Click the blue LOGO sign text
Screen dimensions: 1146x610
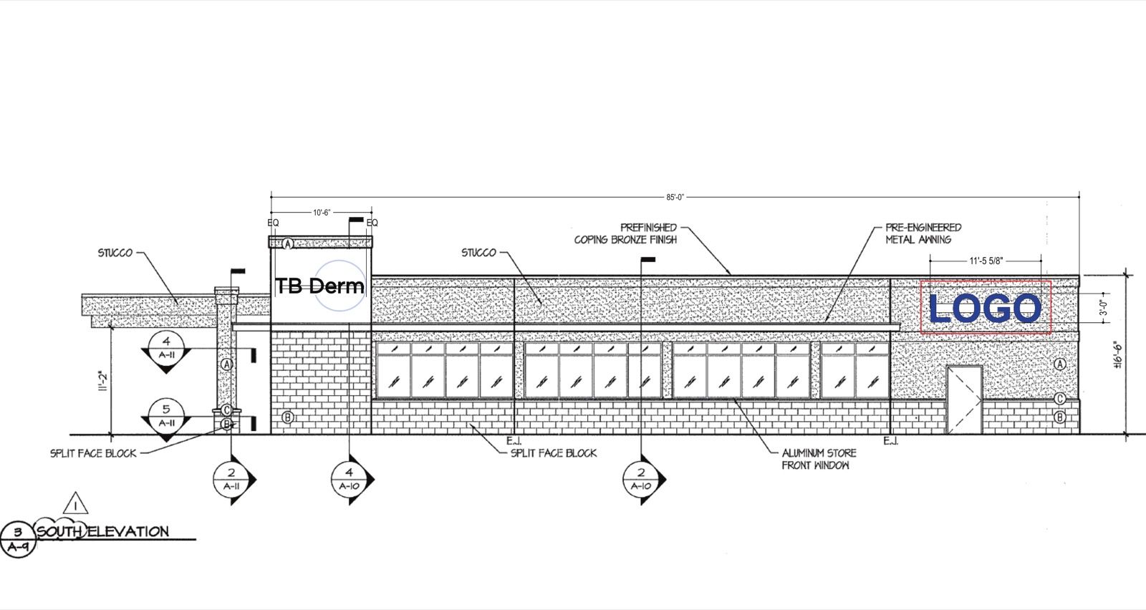pos(985,308)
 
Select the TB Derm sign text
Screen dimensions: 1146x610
pos(319,286)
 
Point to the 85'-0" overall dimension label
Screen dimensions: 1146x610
pos(675,198)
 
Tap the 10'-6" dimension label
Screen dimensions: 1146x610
pos(322,212)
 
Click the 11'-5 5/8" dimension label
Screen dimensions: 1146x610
pos(986,261)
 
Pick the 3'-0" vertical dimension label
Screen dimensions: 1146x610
pos(1104,309)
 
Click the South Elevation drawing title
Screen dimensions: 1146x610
pos(102,532)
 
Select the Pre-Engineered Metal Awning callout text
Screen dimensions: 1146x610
pos(923,233)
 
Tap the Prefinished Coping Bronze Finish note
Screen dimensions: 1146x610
pos(625,233)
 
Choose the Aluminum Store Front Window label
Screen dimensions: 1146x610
pos(819,459)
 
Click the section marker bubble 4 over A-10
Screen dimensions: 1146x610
pos(350,479)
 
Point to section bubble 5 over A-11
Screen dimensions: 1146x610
pos(166,416)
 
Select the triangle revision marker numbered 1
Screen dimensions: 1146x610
pos(76,503)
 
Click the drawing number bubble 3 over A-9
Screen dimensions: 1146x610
pos(18,539)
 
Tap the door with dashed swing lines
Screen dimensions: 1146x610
pos(964,400)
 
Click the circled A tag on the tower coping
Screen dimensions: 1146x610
pos(288,244)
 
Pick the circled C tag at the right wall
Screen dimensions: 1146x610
pos(1059,399)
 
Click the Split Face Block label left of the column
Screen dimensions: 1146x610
pos(93,453)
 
